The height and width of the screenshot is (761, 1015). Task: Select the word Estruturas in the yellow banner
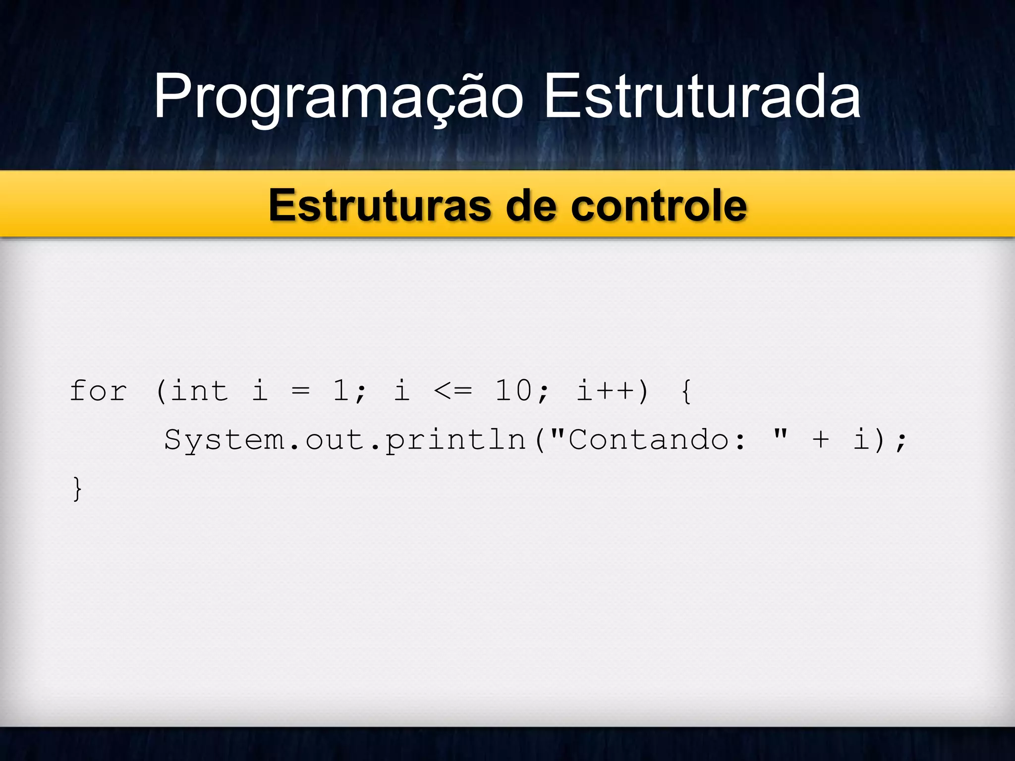point(380,206)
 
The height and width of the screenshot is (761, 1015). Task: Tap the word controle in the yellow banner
point(659,206)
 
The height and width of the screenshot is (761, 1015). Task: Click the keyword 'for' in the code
point(98,391)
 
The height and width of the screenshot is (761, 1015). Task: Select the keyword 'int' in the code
point(199,391)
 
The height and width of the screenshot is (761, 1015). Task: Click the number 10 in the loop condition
point(513,391)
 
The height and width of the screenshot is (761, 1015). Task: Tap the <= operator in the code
point(452,391)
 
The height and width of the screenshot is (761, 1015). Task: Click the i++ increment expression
point(605,391)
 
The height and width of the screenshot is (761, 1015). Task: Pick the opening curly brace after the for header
point(686,391)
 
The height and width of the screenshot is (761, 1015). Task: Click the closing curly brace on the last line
point(77,489)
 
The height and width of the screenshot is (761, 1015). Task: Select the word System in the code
point(224,440)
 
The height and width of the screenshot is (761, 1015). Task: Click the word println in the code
point(455,440)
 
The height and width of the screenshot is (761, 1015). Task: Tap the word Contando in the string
point(648,440)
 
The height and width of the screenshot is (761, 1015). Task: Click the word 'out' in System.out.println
point(335,440)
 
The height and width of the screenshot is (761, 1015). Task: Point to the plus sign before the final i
point(821,439)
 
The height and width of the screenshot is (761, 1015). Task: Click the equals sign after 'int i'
point(300,391)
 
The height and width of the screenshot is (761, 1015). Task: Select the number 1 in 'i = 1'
point(341,391)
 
